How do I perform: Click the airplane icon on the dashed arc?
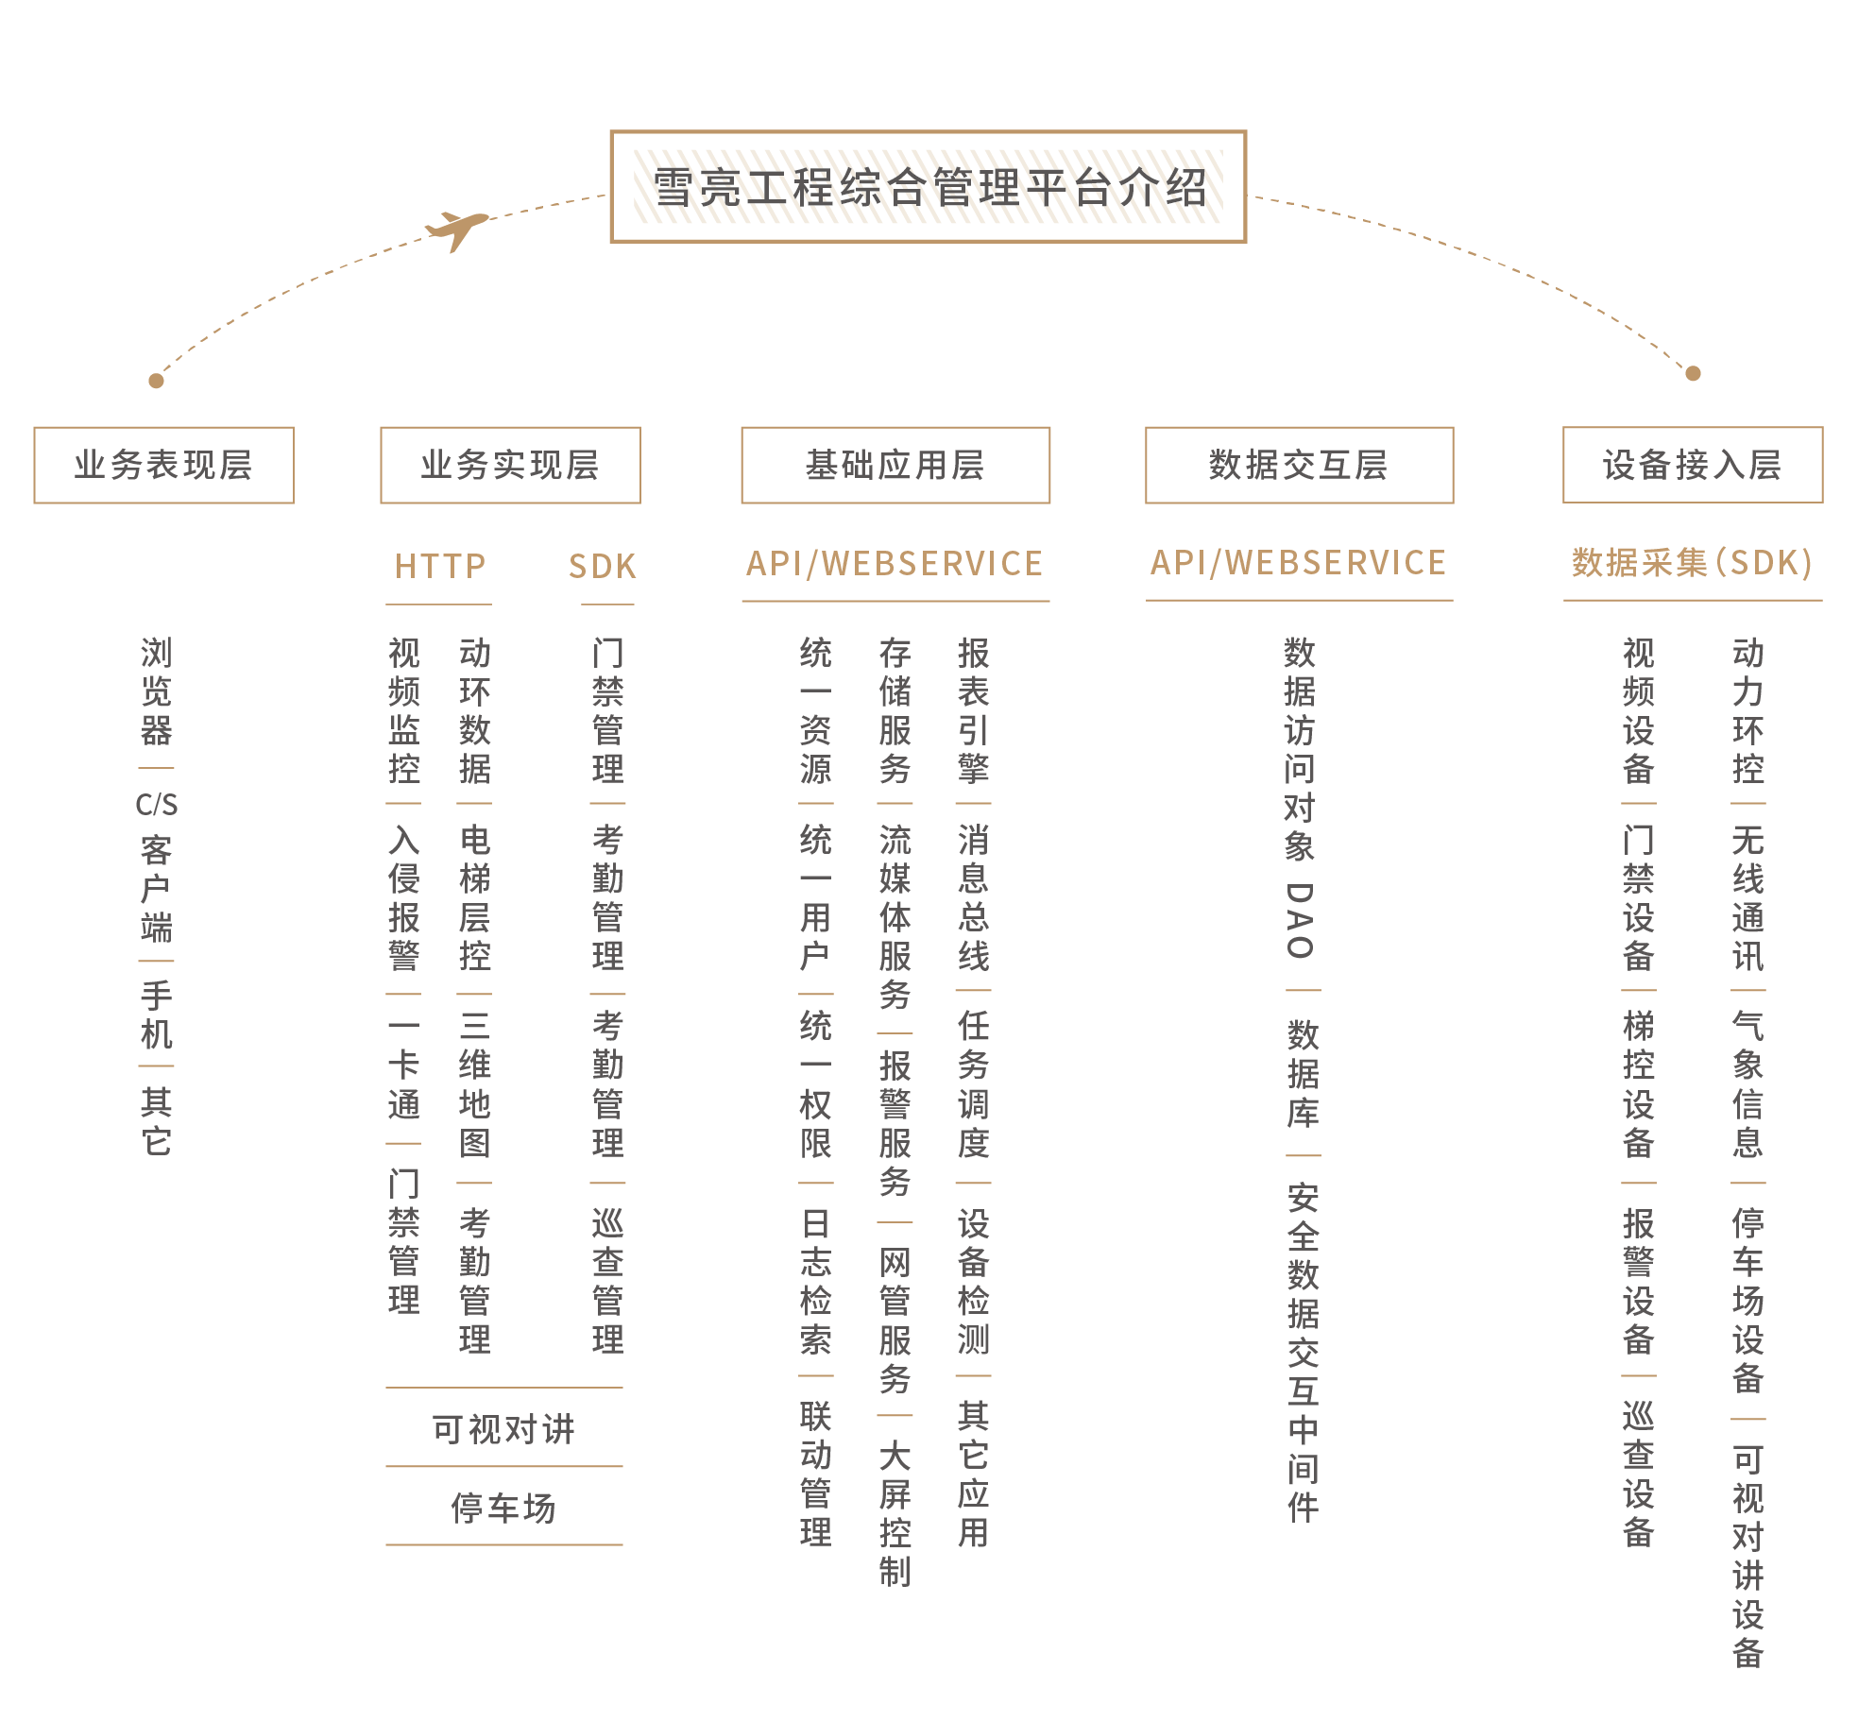click(x=457, y=229)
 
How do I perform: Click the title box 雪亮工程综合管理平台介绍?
click(x=929, y=187)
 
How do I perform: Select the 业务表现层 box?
click(x=163, y=465)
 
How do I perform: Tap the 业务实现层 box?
click(x=510, y=465)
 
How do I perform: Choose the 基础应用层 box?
click(x=895, y=465)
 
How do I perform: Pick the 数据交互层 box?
click(x=1299, y=465)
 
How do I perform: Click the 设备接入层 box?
click(x=1692, y=465)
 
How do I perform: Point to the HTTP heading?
click(x=439, y=566)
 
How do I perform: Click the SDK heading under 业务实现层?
click(x=603, y=566)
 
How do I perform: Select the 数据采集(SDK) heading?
click(x=1692, y=563)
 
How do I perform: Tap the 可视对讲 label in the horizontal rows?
click(x=503, y=1429)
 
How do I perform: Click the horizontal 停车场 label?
click(x=503, y=1508)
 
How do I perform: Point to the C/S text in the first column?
click(x=156, y=805)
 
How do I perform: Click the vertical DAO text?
click(x=1300, y=921)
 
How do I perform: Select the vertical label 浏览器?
click(x=156, y=691)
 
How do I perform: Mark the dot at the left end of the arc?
click(x=156, y=381)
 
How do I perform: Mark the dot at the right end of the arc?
click(x=1693, y=373)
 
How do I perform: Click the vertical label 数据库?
click(x=1303, y=1074)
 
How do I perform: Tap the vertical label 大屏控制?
click(x=895, y=1513)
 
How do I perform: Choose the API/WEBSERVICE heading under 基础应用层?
click(x=895, y=564)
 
